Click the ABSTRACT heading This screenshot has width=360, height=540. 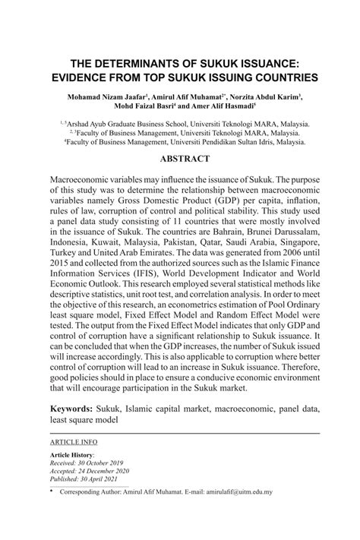(x=179, y=160)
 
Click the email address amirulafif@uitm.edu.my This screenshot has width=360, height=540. (x=231, y=492)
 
